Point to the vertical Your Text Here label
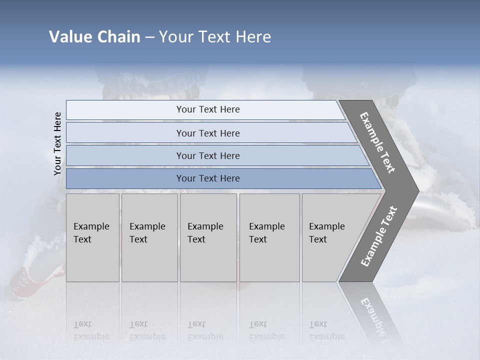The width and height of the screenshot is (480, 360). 57,143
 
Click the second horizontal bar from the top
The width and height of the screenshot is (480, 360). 207,133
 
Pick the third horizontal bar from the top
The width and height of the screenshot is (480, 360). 207,155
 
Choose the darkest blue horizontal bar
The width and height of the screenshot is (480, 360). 207,178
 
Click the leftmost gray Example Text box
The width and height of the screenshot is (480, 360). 92,237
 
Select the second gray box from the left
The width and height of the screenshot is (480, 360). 149,237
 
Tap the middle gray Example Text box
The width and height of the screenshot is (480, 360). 208,237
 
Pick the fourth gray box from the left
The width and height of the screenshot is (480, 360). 269,237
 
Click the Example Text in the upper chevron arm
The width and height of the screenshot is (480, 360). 377,142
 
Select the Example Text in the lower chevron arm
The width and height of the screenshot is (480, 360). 379,236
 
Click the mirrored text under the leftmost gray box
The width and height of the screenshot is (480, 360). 91,330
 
